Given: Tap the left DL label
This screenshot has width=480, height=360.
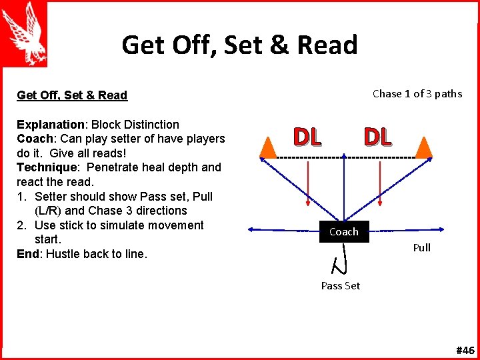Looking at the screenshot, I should pos(307,137).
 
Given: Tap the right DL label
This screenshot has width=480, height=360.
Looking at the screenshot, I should pos(377,137).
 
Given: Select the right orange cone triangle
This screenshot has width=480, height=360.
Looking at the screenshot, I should pos(423,147).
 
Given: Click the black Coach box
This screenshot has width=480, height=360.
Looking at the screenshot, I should pos(344,231).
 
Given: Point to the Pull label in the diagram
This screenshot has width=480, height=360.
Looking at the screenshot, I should pos(421,247).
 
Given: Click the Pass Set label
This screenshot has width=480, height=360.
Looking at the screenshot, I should pos(340,285).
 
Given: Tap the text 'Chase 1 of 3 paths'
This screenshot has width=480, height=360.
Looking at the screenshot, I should pos(417,93).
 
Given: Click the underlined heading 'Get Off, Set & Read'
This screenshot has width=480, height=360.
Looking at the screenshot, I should pos(72,95).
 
